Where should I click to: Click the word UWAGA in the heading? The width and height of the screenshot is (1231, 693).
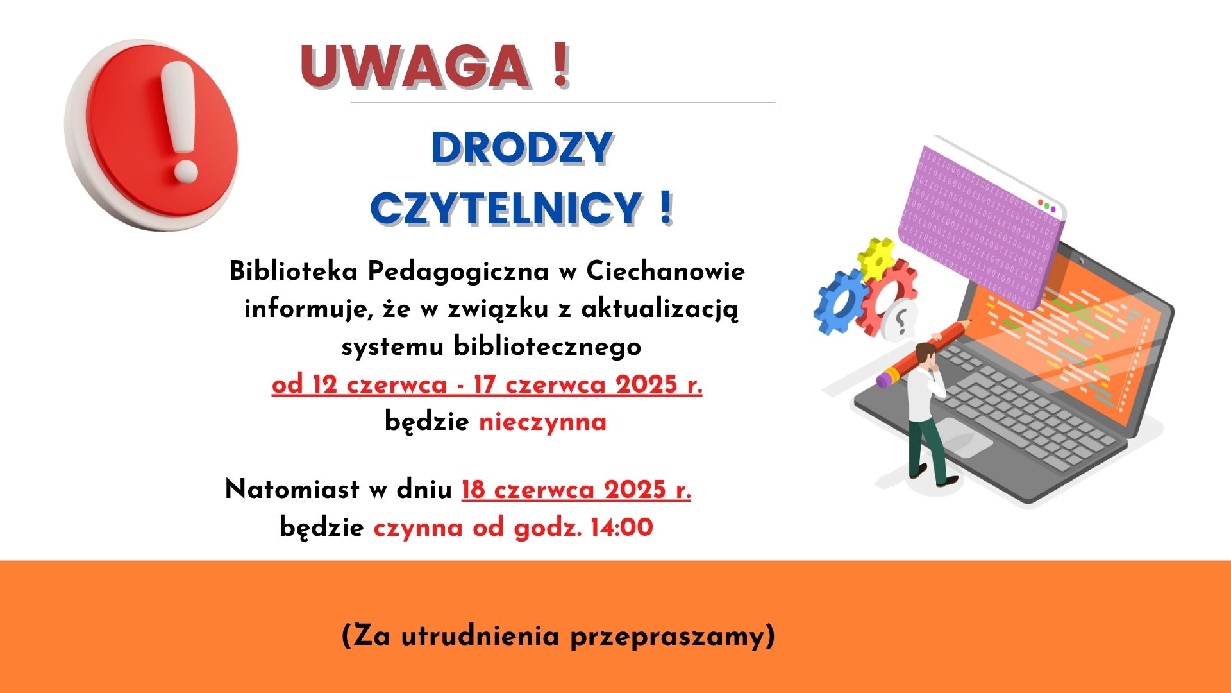[x=415, y=65]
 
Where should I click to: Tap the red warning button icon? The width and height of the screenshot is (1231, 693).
[x=152, y=135]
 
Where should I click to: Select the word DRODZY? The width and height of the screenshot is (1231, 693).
[x=522, y=148]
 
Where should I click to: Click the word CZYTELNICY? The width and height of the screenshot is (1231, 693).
[x=506, y=208]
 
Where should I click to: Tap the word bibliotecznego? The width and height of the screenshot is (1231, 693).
[x=548, y=347]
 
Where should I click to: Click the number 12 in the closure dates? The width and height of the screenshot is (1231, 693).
[x=325, y=384]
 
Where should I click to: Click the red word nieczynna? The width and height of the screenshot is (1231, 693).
[x=542, y=423]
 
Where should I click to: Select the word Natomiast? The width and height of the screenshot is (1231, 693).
[x=292, y=490]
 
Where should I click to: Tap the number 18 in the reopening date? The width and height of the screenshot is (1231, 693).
[x=473, y=490]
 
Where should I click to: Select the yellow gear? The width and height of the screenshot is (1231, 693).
[x=876, y=258]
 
